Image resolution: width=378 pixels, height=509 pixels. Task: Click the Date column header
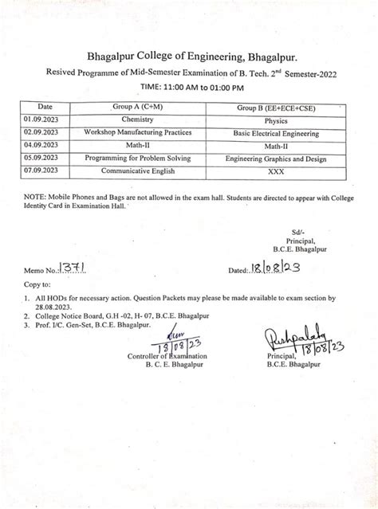pos(45,107)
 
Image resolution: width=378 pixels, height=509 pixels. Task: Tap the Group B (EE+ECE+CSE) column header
pos(276,107)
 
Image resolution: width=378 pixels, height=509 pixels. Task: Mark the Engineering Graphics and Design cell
pos(276,159)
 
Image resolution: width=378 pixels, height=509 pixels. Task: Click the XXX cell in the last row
pos(276,171)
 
